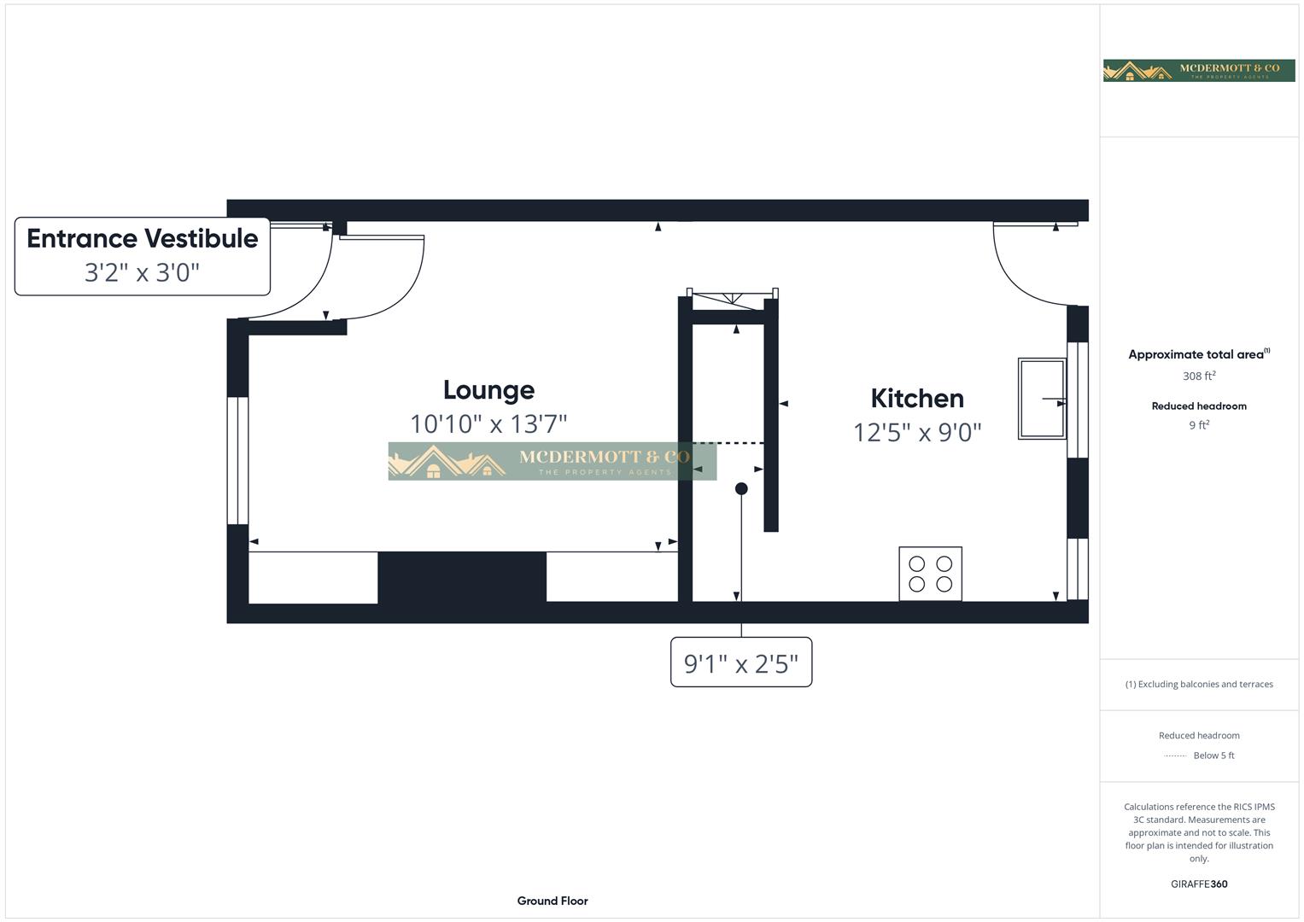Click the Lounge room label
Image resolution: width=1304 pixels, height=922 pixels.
pyautogui.click(x=488, y=390)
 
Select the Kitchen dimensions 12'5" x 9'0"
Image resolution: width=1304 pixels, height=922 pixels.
pyautogui.click(x=917, y=433)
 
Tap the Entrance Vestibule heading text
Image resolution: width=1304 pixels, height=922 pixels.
pyautogui.click(x=143, y=238)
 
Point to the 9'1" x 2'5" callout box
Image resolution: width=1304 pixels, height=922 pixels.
pyautogui.click(x=741, y=662)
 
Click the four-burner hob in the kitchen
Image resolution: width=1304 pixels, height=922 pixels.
pyautogui.click(x=930, y=574)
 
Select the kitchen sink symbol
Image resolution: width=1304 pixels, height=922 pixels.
pyautogui.click(x=1042, y=399)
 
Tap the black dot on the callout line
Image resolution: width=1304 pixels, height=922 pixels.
pyautogui.click(x=741, y=489)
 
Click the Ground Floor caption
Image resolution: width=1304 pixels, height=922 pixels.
pyautogui.click(x=553, y=901)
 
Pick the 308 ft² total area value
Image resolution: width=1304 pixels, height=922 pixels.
pyautogui.click(x=1199, y=376)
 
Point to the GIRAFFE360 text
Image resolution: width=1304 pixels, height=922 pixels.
pyautogui.click(x=1199, y=884)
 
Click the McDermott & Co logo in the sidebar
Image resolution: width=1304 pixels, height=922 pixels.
pyautogui.click(x=1199, y=71)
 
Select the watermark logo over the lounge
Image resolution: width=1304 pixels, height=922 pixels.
pyautogui.click(x=552, y=461)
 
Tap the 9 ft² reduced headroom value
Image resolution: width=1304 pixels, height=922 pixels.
pyautogui.click(x=1199, y=425)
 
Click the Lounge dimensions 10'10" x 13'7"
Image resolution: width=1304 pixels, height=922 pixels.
pyautogui.click(x=488, y=423)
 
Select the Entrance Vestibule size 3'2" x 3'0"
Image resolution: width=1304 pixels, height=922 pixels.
pyautogui.click(x=143, y=272)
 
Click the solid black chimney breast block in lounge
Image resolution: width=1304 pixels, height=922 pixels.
pyautogui.click(x=462, y=577)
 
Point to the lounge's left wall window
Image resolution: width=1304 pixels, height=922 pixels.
pyautogui.click(x=237, y=460)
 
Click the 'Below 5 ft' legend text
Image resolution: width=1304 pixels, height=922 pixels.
pyautogui.click(x=1213, y=756)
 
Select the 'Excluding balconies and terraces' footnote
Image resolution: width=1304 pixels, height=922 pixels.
pyautogui.click(x=1199, y=684)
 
